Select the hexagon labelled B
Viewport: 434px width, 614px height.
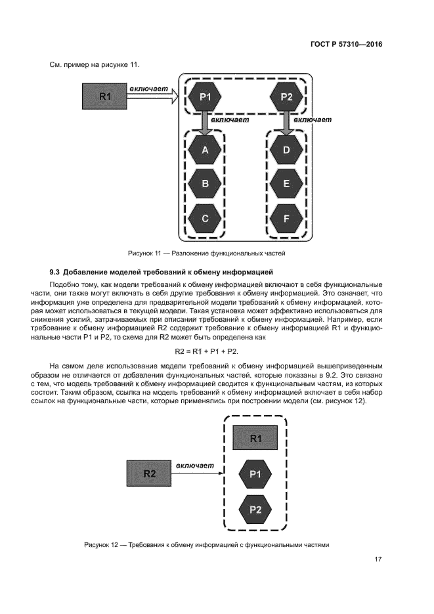(x=205, y=185)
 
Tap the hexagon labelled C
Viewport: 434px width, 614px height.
(x=205, y=219)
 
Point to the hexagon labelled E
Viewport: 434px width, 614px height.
(x=286, y=185)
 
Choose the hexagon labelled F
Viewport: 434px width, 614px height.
(x=286, y=219)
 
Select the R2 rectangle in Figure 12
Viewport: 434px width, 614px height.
(x=150, y=473)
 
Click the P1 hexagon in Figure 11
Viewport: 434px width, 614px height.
(x=205, y=97)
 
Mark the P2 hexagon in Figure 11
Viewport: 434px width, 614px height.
(x=286, y=97)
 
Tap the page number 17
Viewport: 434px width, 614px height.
(x=378, y=559)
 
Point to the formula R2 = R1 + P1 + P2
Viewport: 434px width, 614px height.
(x=216, y=351)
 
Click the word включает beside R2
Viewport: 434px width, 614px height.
(x=194, y=465)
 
